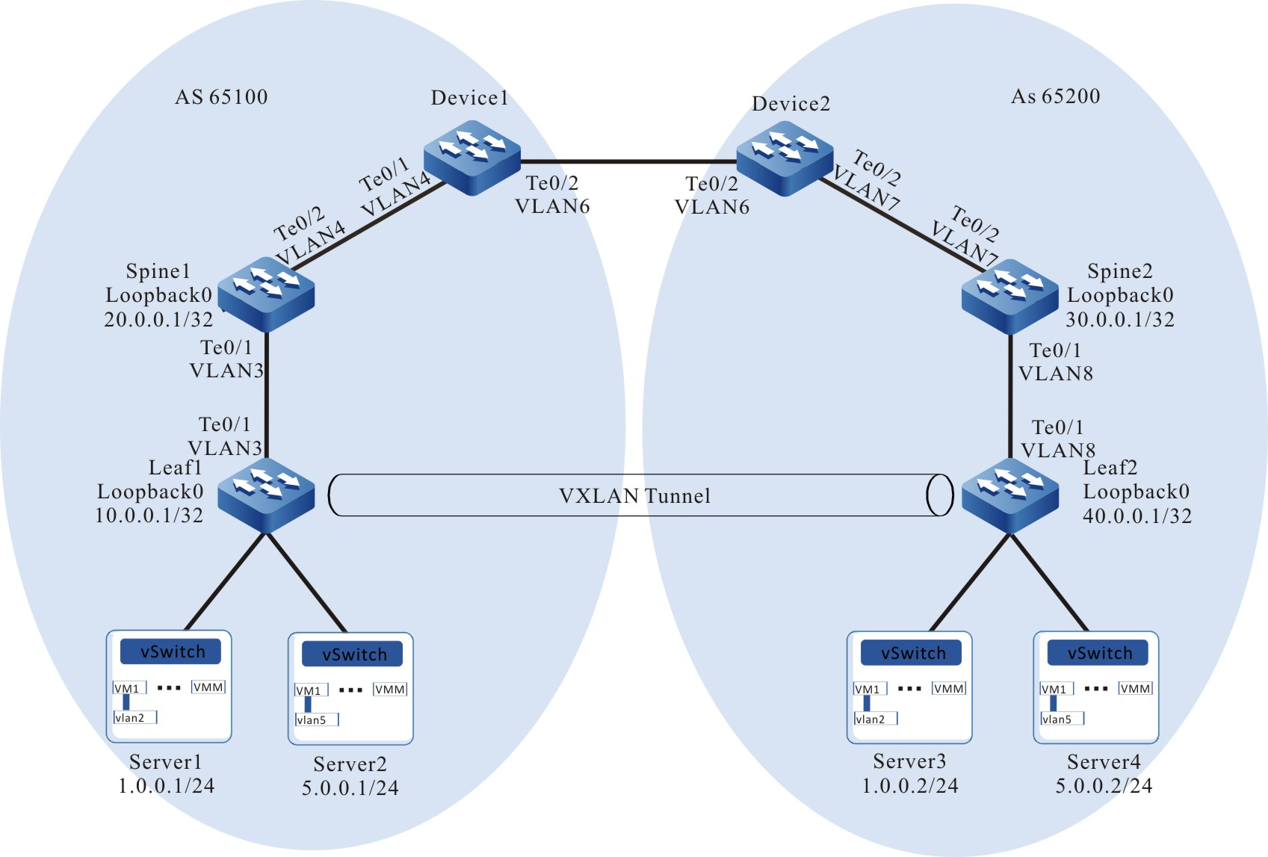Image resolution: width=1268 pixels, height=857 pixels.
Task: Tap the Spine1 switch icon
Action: (x=266, y=294)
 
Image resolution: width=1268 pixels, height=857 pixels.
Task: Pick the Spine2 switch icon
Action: (x=1009, y=295)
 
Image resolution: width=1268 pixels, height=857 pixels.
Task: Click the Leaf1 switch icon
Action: (x=266, y=494)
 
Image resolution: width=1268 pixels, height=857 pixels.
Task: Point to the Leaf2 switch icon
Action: (x=1009, y=495)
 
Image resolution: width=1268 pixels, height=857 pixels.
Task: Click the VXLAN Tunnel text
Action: (x=634, y=496)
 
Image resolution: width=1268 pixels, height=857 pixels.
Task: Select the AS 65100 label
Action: (x=221, y=97)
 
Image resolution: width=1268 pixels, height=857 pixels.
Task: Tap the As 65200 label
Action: (x=1055, y=96)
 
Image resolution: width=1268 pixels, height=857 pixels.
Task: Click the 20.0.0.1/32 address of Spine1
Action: (x=158, y=320)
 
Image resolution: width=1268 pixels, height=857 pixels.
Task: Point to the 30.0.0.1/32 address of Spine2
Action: (x=1119, y=320)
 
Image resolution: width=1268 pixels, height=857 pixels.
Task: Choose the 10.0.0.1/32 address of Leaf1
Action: (x=149, y=516)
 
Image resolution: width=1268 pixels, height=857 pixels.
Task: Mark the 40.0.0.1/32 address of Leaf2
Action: (x=1136, y=516)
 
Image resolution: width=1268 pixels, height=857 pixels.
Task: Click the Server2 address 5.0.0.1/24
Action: (x=350, y=788)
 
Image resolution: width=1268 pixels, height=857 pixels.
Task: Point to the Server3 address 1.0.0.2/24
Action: (x=909, y=786)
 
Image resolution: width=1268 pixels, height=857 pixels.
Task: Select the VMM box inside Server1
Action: (x=208, y=687)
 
